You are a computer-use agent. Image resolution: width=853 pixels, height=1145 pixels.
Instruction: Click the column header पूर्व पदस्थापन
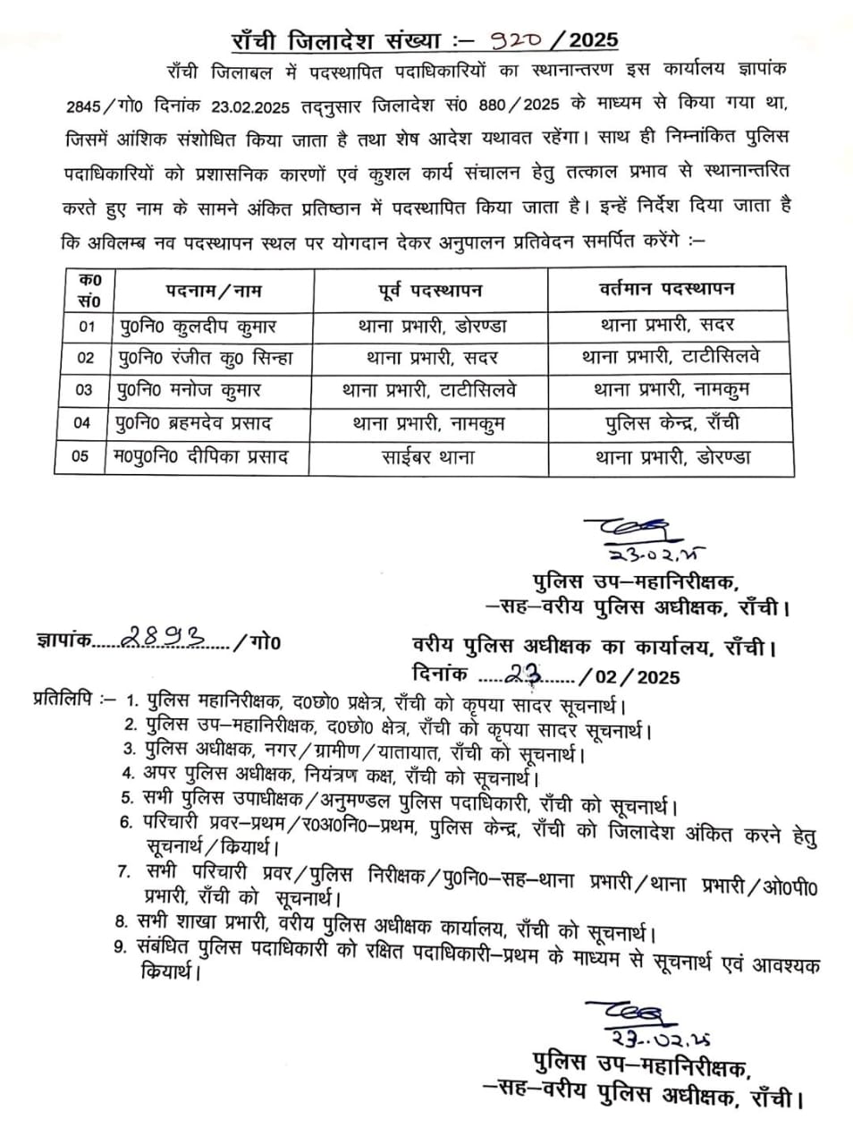click(x=429, y=290)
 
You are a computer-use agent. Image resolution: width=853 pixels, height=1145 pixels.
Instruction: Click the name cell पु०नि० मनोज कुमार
click(x=190, y=390)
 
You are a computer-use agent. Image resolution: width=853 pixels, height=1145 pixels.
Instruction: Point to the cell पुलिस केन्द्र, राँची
click(x=671, y=422)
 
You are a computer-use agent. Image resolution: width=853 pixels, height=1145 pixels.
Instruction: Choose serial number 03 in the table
click(x=83, y=390)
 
